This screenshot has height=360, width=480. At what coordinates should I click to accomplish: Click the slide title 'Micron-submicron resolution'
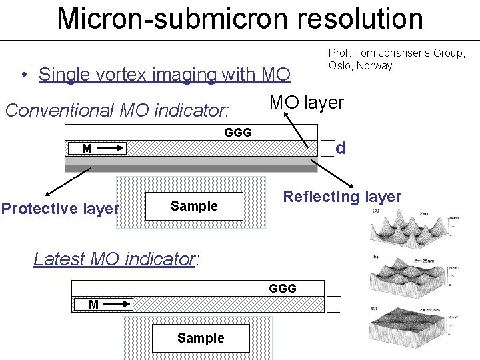pos(240,19)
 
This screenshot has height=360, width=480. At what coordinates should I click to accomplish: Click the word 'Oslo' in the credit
pos(340,65)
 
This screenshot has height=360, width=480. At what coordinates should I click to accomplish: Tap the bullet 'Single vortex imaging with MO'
pos(165,75)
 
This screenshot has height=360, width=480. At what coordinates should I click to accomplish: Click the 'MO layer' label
pos(306,103)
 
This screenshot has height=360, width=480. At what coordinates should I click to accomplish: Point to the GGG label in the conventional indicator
pos(238,133)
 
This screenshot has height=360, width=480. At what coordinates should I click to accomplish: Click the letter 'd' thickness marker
pos(341,147)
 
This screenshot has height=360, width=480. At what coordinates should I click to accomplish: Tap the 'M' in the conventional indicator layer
pos(87,148)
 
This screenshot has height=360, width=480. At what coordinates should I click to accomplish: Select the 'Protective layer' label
pos(60,209)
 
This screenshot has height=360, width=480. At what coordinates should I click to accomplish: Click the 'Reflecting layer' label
pos(342,197)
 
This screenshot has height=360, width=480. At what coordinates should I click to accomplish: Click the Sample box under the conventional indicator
pos(194,206)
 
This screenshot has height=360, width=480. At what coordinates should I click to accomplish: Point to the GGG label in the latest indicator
pos(283,289)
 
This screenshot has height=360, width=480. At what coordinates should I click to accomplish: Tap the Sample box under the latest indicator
pos(201,338)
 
